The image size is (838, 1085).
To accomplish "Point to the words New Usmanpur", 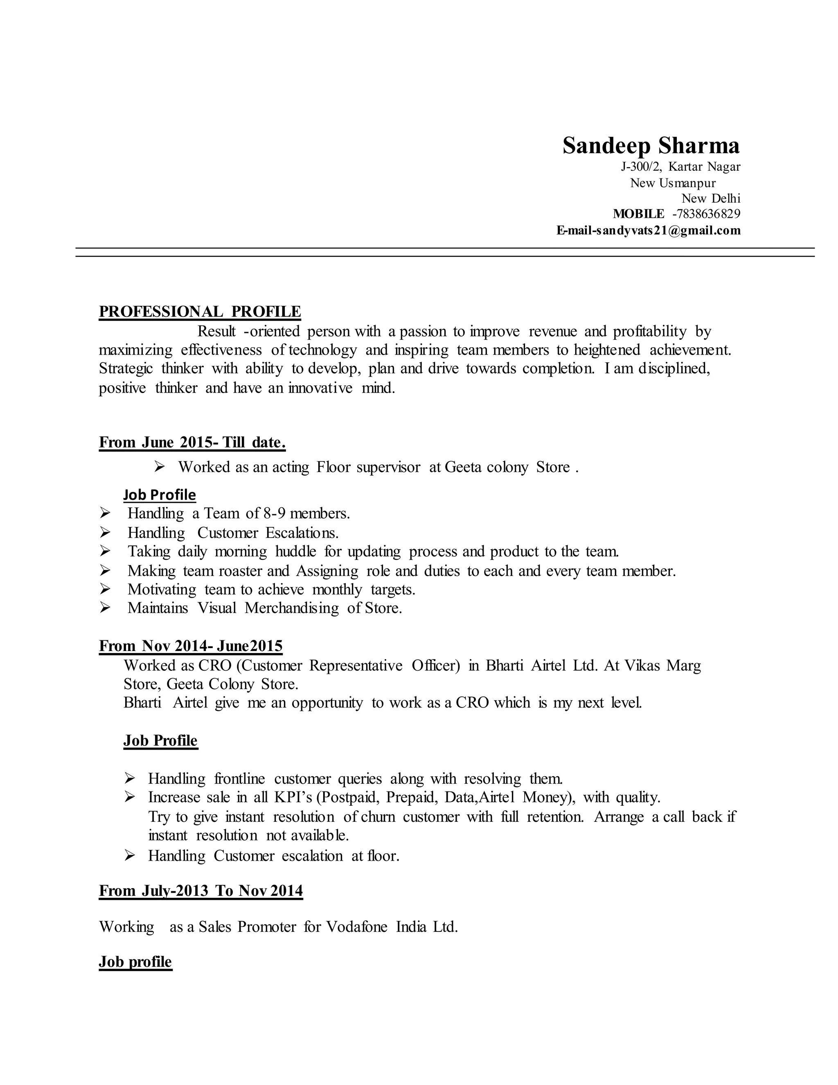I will click(673, 183).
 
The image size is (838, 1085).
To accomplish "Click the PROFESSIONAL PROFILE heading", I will click(200, 312).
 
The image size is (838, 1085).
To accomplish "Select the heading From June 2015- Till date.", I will click(192, 442).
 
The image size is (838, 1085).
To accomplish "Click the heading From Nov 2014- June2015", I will click(191, 646).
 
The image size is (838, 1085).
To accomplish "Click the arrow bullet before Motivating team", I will click(105, 589).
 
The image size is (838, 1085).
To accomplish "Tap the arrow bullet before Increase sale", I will click(130, 797).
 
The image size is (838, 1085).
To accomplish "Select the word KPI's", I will click(293, 797).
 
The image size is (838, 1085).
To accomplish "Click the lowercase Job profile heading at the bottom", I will click(135, 962).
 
